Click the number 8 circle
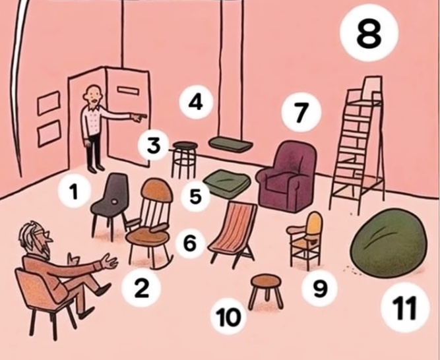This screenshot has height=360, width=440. pos(369,32)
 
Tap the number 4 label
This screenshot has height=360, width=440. pos(196,102)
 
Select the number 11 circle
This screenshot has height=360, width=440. pos(405,307)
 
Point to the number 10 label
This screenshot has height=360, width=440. pos(229,317)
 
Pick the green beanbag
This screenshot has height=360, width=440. pos(389,243)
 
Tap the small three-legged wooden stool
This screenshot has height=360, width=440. pos(266,291)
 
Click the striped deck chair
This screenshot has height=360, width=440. pos(233,234)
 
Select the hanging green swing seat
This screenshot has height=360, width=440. pos(231,144)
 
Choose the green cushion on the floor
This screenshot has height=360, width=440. pos(228,183)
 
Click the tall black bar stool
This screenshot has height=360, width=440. pos(185,160)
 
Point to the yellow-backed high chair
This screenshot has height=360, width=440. pos(307,241)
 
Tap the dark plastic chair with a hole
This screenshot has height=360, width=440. pos(110,204)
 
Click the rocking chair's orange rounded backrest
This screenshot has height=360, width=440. pos(156,190)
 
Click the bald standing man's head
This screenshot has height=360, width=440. pos(94,95)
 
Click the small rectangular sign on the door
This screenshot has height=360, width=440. pos(128,90)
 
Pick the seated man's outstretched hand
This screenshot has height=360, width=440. pos(110,260)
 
